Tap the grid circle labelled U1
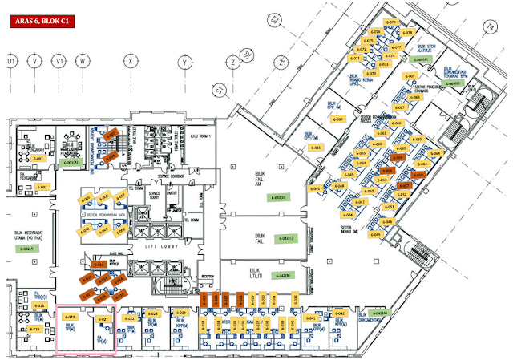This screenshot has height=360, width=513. tap(11, 60)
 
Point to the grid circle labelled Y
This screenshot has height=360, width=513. tap(184, 60)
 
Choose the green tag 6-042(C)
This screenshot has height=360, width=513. tap(286, 238)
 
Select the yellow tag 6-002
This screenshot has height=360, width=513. tap(43, 187)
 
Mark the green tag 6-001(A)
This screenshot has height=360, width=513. tap(70, 164)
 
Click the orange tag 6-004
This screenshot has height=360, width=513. tap(111, 133)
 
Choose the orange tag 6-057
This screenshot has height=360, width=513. tap(406, 185)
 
